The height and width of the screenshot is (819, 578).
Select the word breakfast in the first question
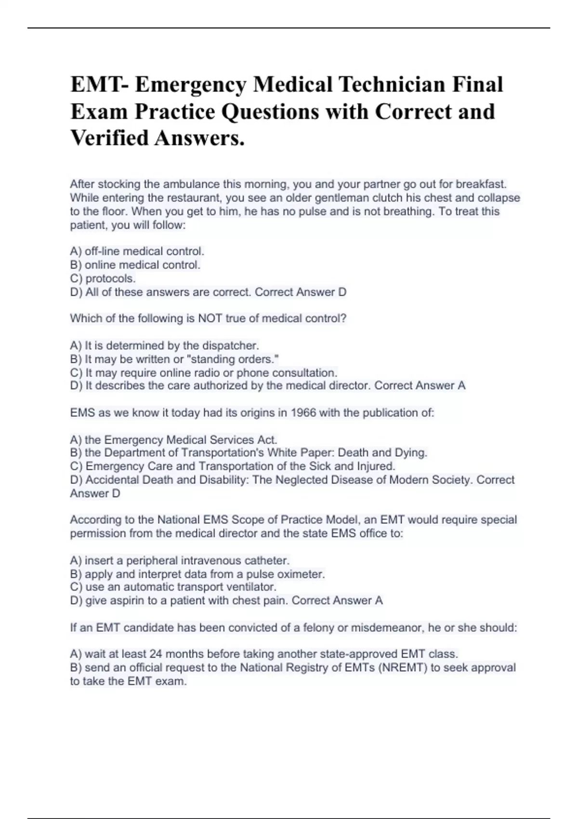(x=481, y=184)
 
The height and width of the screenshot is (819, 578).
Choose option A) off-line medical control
(x=137, y=251)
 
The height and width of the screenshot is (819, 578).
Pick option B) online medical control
(x=135, y=264)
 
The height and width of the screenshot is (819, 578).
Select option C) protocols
(x=103, y=278)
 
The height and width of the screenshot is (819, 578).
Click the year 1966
(x=303, y=413)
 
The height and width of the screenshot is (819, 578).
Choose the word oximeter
(x=301, y=574)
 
